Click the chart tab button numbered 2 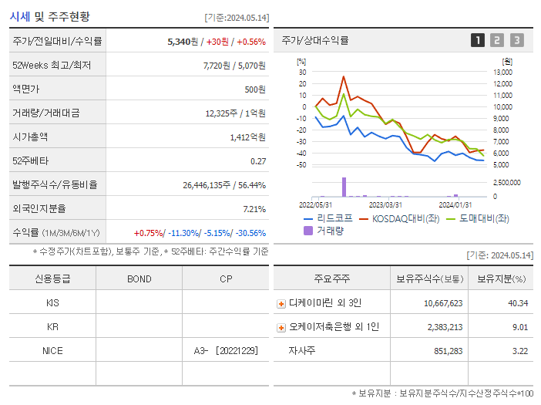tap(497, 40)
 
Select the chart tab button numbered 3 tap(516, 40)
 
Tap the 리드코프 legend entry tap(328, 218)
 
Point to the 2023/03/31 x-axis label tap(385, 204)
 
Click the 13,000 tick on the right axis tap(502, 73)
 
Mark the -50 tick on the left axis tap(301, 165)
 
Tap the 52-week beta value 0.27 tap(257, 160)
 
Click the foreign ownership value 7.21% tap(254, 208)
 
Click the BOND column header tap(139, 278)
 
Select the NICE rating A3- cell tap(225, 351)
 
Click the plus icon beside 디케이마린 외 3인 tap(281, 303)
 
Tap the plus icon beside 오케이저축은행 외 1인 tap(281, 327)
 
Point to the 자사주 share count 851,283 tap(443, 351)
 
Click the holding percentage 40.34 tap(518, 303)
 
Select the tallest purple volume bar tap(344, 187)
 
